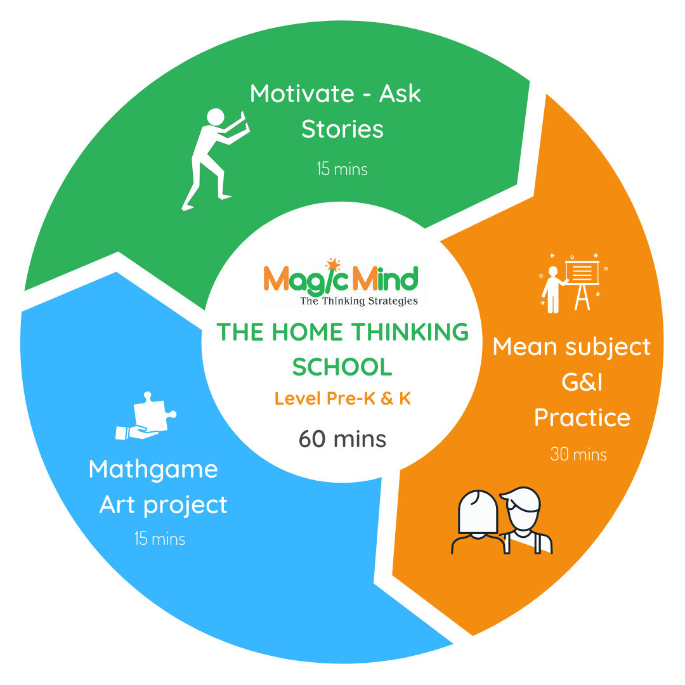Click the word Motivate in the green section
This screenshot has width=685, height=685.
(x=302, y=93)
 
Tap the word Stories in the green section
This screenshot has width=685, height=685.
(x=342, y=129)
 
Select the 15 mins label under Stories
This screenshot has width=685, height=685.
(x=342, y=169)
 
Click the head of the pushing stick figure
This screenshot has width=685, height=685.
(x=216, y=117)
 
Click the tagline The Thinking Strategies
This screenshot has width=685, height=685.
(x=359, y=301)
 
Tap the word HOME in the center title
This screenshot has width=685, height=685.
(x=308, y=332)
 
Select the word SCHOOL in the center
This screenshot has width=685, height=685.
(x=342, y=367)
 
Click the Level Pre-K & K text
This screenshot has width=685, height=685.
(x=342, y=398)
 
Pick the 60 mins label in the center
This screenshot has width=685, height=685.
(x=342, y=439)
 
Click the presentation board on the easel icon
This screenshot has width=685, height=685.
(x=582, y=273)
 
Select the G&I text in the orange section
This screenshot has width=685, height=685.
(x=582, y=382)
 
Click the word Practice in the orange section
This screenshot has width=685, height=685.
(x=582, y=417)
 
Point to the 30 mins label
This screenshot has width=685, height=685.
(x=578, y=455)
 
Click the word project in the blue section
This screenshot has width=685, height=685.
(x=185, y=506)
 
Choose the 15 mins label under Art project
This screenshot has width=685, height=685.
(x=160, y=538)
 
